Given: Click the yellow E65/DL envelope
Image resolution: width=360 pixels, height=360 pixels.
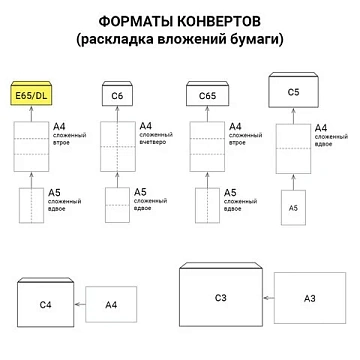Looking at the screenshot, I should click(x=32, y=95).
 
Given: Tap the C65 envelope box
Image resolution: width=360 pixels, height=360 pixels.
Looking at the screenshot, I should click(x=209, y=96).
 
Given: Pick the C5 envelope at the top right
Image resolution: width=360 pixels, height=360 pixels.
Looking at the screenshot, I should click(x=293, y=92).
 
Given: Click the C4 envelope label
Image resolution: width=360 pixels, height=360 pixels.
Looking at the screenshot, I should click(x=45, y=304).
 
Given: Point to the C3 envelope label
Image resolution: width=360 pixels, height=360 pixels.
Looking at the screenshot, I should click(x=221, y=297).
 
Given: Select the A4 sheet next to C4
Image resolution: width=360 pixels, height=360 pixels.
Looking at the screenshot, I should click(x=111, y=304).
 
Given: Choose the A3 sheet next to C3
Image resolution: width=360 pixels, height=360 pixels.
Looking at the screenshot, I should click(x=309, y=298).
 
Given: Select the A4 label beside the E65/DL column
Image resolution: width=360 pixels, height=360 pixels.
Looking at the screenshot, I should click(x=60, y=128).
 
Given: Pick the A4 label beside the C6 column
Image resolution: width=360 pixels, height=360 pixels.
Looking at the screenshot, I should click(x=146, y=126).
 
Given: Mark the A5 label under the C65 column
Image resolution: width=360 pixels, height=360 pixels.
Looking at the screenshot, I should click(x=230, y=191).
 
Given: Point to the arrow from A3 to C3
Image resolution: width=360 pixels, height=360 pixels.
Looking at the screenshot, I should click(x=268, y=297).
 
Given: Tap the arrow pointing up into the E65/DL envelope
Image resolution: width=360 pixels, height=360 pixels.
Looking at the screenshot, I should click(x=32, y=114).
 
